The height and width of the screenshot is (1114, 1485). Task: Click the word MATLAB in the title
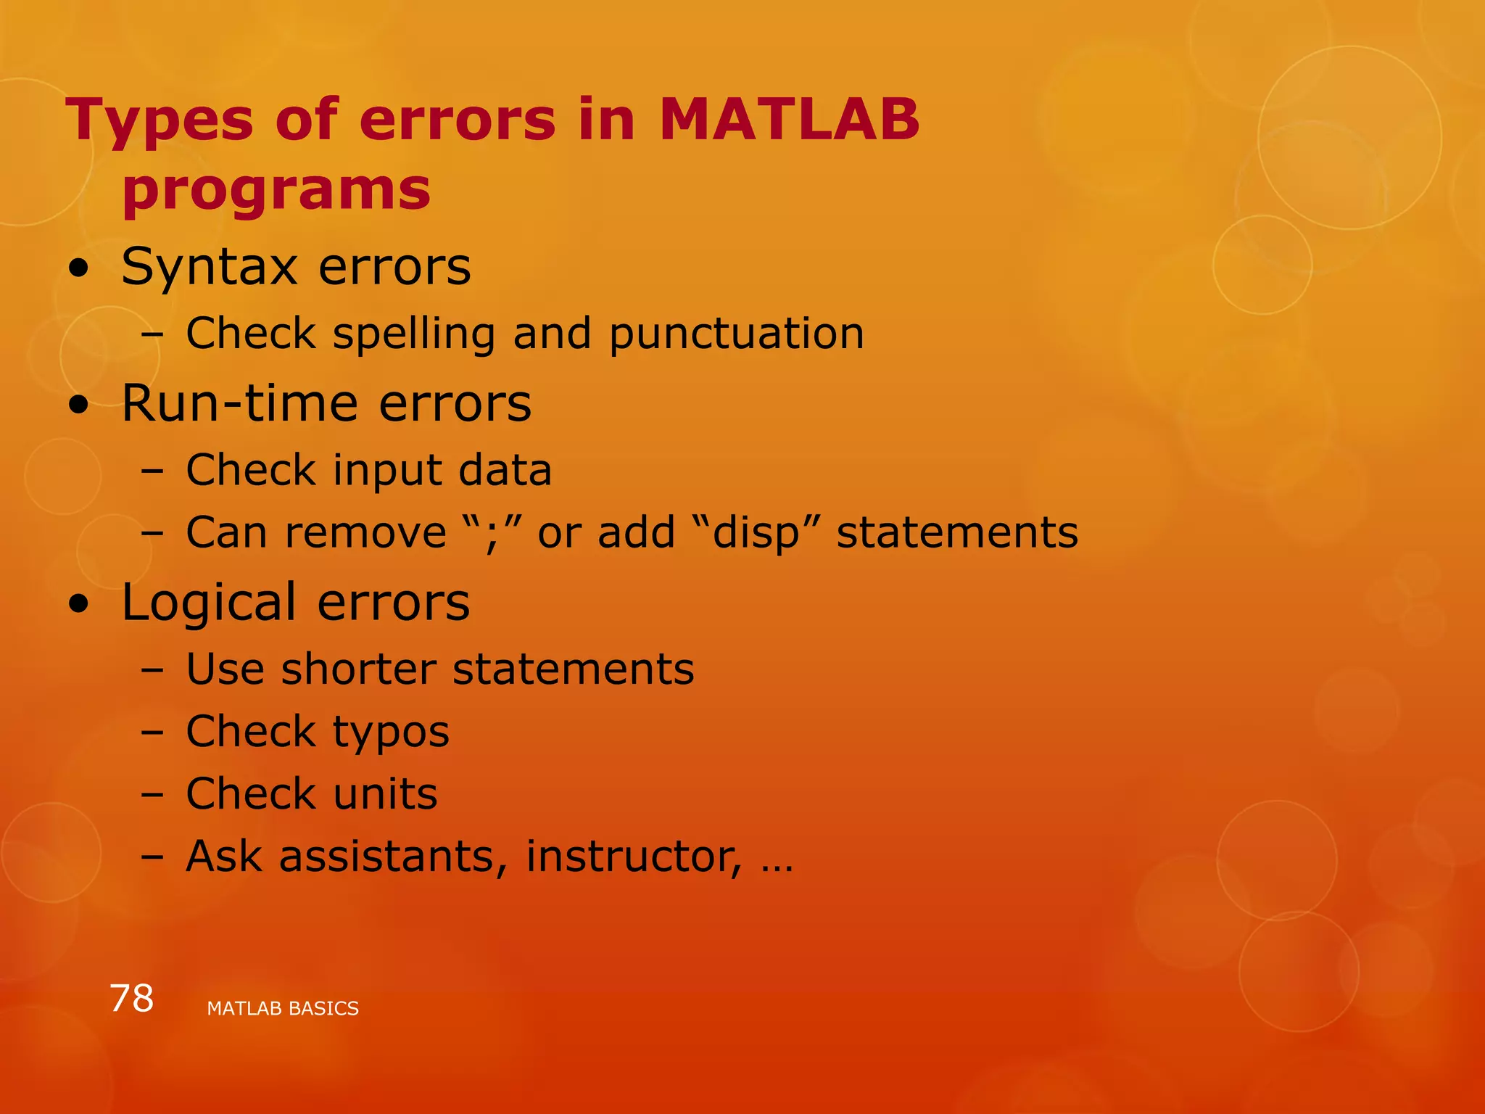click(789, 120)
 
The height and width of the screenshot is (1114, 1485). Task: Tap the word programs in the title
click(276, 190)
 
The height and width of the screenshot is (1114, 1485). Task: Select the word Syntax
click(210, 268)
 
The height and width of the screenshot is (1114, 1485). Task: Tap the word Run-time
click(240, 403)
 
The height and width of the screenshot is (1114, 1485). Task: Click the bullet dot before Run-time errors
click(79, 405)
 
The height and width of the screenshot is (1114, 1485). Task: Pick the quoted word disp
click(755, 533)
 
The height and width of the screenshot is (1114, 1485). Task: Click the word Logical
click(209, 603)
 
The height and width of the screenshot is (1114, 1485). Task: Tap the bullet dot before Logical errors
click(79, 604)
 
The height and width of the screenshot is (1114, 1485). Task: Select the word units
click(385, 794)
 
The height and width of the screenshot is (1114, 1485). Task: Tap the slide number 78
click(131, 999)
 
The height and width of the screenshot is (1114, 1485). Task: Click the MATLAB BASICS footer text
click(283, 1009)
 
